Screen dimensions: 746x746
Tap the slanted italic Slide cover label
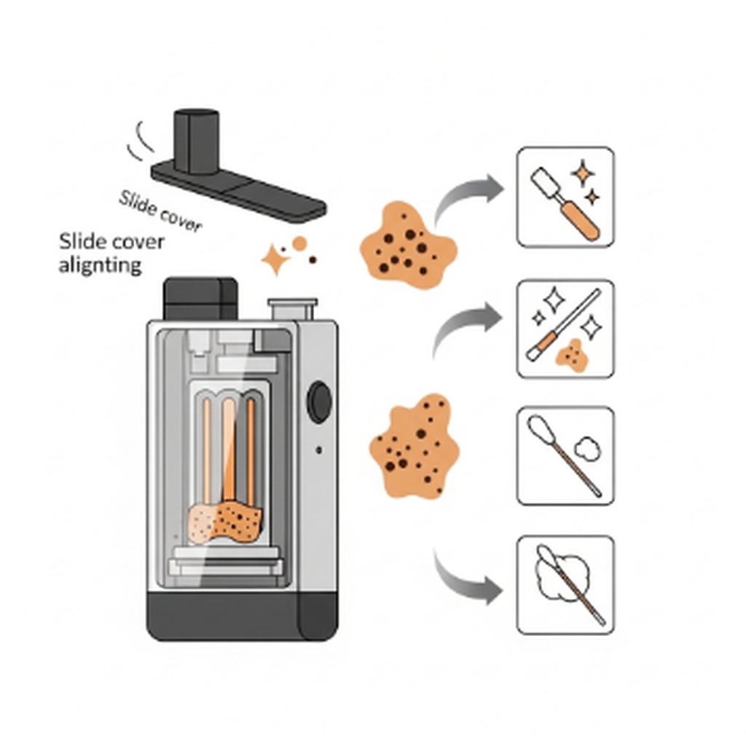159,211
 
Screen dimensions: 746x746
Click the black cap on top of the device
200,298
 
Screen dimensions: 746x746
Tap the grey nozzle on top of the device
292,309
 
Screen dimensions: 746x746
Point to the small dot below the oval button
319,450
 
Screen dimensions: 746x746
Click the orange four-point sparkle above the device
275,260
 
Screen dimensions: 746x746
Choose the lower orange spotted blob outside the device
415,446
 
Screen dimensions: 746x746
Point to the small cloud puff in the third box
587,448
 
